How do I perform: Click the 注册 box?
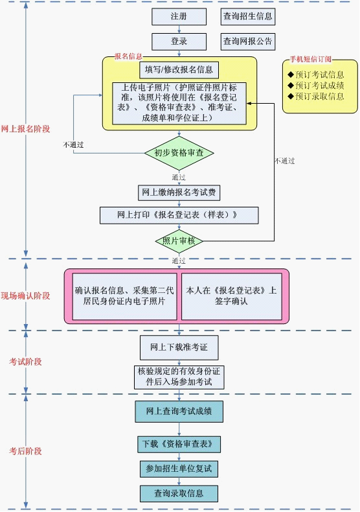point(179,16)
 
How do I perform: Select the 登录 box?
point(179,41)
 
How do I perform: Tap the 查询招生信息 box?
point(248,16)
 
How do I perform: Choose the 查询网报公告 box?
point(248,41)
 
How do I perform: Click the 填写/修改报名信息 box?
point(179,69)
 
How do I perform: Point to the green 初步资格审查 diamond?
point(179,153)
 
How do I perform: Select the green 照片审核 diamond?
point(179,241)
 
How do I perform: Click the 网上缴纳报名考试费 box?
point(179,192)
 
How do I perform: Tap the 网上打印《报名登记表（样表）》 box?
point(179,215)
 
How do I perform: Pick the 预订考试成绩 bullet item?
point(316,86)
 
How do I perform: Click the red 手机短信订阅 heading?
point(310,59)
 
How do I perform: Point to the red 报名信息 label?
point(128,56)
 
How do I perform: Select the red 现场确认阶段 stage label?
point(25,296)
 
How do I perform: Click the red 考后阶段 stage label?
point(25,451)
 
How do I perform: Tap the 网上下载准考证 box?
point(179,347)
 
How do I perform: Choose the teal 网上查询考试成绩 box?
point(179,412)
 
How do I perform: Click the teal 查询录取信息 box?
point(179,493)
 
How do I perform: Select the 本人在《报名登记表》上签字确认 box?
point(232,296)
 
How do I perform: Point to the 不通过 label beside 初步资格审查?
point(73,145)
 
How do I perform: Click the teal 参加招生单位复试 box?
point(179,469)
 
